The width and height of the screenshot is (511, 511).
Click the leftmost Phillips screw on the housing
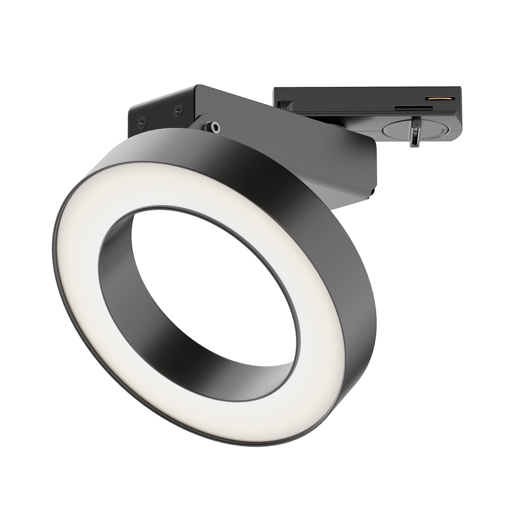pyautogui.click(x=143, y=122)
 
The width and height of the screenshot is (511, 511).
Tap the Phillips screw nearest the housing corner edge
pyautogui.click(x=178, y=110)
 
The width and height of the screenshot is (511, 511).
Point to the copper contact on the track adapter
pyautogui.click(x=441, y=98)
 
